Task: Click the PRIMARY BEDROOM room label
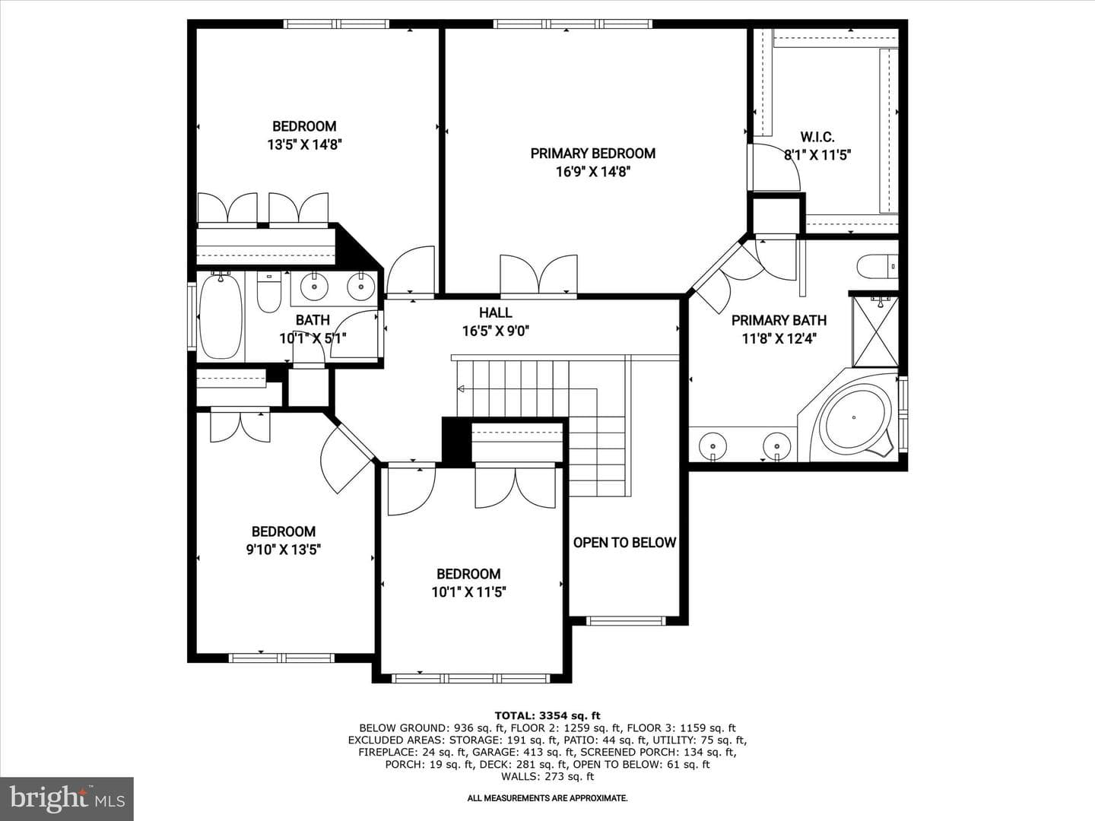592,154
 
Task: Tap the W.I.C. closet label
817,137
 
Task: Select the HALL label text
495,312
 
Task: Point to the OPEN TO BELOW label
624,542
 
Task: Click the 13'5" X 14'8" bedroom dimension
304,144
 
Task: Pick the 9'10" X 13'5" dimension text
284,550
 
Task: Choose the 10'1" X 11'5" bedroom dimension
469,592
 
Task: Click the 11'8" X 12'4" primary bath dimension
779,339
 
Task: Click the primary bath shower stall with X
875,331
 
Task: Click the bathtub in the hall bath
221,315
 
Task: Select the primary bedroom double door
539,274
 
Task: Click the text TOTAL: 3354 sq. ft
547,716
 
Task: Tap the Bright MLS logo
67,798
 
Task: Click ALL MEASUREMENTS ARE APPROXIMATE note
547,798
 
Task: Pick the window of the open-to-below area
626,620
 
